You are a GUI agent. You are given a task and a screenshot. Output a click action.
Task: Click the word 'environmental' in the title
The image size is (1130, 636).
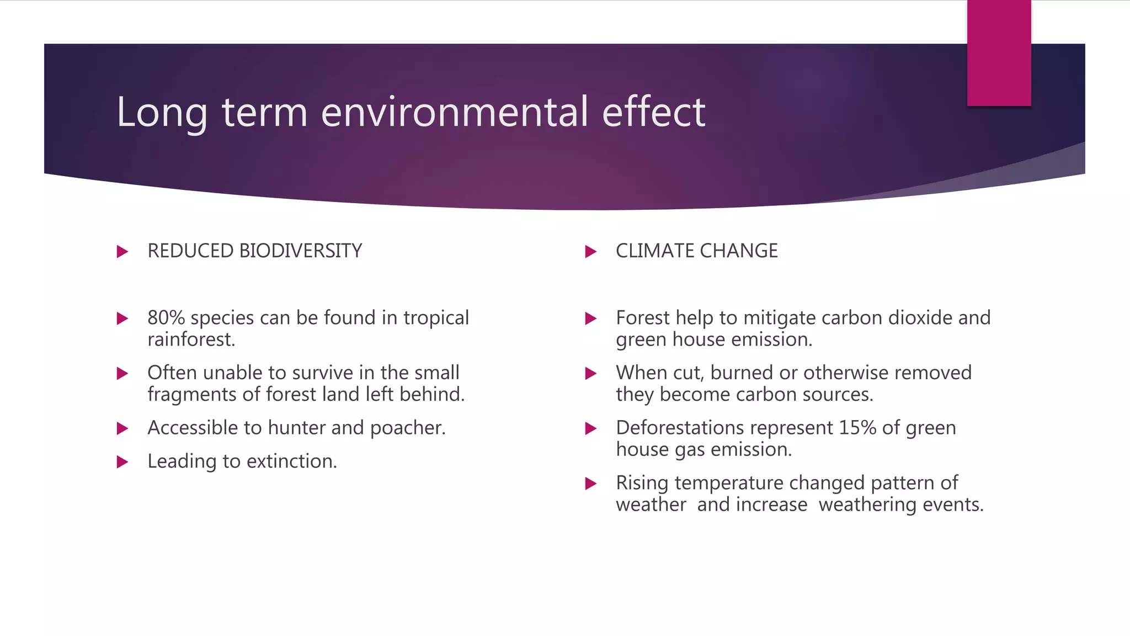click(x=454, y=112)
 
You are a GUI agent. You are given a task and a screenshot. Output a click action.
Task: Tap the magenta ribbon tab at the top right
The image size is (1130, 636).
click(x=999, y=54)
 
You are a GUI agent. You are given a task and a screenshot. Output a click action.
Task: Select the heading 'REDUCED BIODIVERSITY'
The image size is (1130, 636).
click(x=254, y=251)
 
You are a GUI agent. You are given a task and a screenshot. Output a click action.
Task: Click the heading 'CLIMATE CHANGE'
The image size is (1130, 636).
click(x=696, y=251)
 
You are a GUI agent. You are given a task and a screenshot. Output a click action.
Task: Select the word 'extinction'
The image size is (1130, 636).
click(x=290, y=462)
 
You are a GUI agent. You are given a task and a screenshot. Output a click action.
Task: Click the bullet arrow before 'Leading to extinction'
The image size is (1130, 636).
click(x=122, y=462)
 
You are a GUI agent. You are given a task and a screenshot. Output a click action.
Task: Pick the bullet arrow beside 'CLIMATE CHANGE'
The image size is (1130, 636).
click(x=590, y=252)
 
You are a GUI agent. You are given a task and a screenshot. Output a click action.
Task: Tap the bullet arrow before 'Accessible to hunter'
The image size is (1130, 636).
click(x=122, y=429)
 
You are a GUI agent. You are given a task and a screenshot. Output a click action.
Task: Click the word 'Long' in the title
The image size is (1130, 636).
click(x=162, y=113)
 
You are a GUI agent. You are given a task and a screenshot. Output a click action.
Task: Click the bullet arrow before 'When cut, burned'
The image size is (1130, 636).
click(x=590, y=374)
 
